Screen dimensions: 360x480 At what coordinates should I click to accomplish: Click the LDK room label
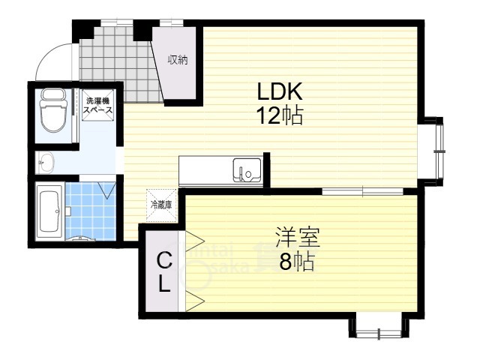[x=279, y=92]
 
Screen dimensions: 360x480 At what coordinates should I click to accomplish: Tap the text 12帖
[x=279, y=116]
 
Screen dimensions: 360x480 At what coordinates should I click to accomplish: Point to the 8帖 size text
[x=298, y=263]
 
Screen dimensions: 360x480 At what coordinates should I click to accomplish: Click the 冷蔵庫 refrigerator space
[x=161, y=203]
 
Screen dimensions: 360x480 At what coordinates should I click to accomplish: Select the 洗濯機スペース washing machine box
[x=98, y=105]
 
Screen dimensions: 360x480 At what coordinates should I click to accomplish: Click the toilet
[x=52, y=111]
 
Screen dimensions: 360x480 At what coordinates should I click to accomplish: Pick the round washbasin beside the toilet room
[x=47, y=160]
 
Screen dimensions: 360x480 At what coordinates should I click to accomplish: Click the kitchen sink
[x=245, y=170]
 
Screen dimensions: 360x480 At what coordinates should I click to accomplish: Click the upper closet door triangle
[x=195, y=241]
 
